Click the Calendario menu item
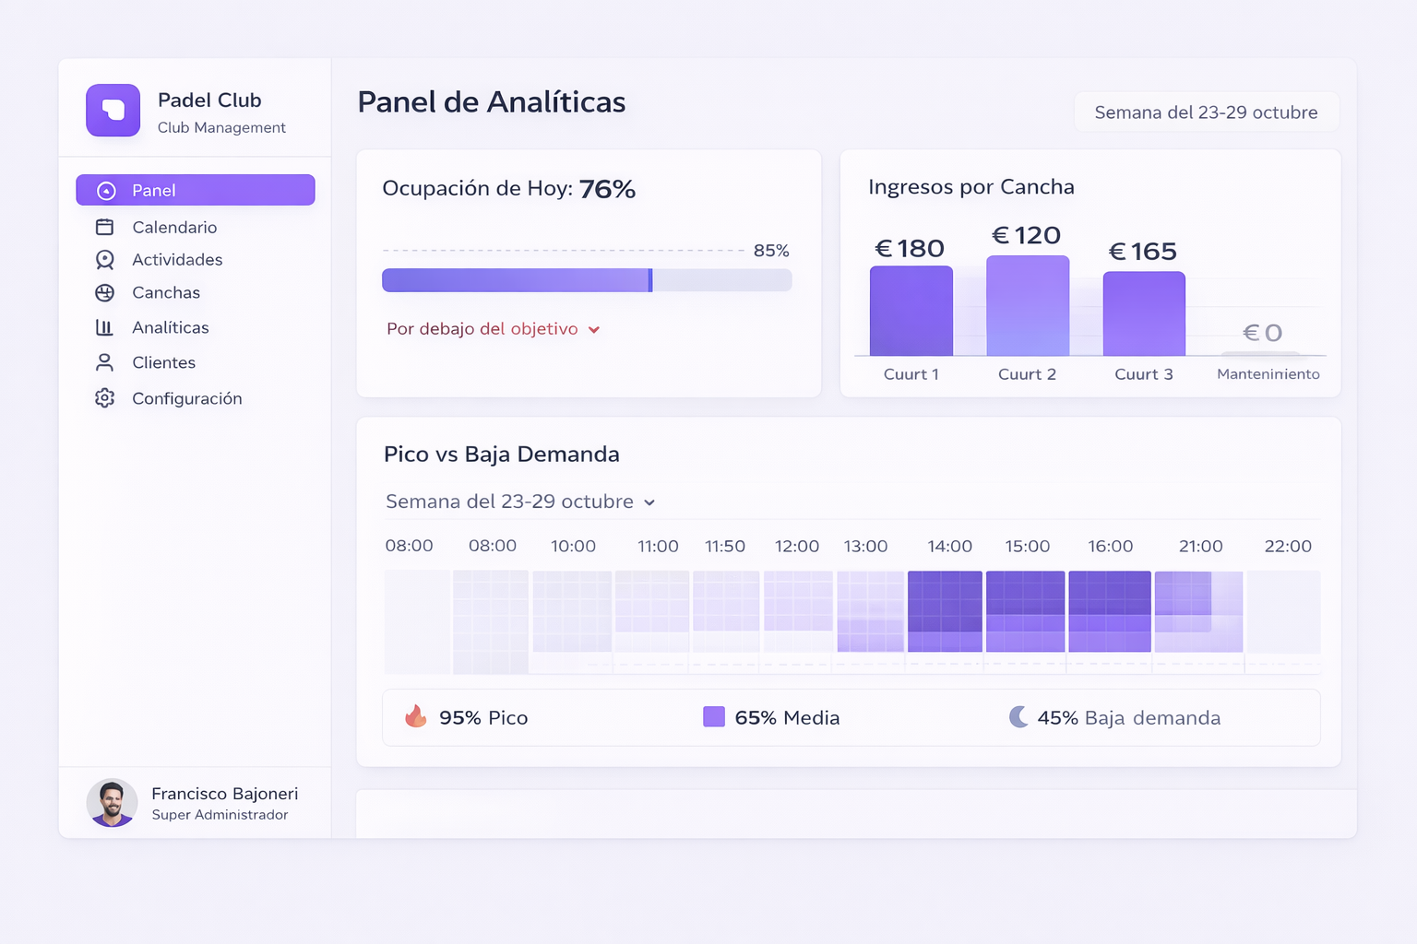(x=173, y=227)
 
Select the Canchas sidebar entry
(x=165, y=292)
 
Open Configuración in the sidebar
(x=186, y=398)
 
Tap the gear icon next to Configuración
(x=105, y=398)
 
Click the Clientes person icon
(x=105, y=362)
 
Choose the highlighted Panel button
(x=196, y=190)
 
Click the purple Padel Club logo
(x=113, y=111)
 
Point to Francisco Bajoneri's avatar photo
(x=112, y=802)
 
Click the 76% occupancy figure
(x=607, y=189)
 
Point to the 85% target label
(x=771, y=251)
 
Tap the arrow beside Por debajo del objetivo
(x=594, y=330)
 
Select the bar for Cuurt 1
(x=911, y=311)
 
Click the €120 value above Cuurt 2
(x=1026, y=236)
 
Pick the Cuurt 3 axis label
(x=1143, y=374)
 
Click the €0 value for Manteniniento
(x=1262, y=333)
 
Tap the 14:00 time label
(x=949, y=546)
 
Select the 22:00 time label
(x=1287, y=546)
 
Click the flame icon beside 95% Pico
(x=416, y=716)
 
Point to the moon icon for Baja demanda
(x=1018, y=716)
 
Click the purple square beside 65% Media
(x=714, y=716)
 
